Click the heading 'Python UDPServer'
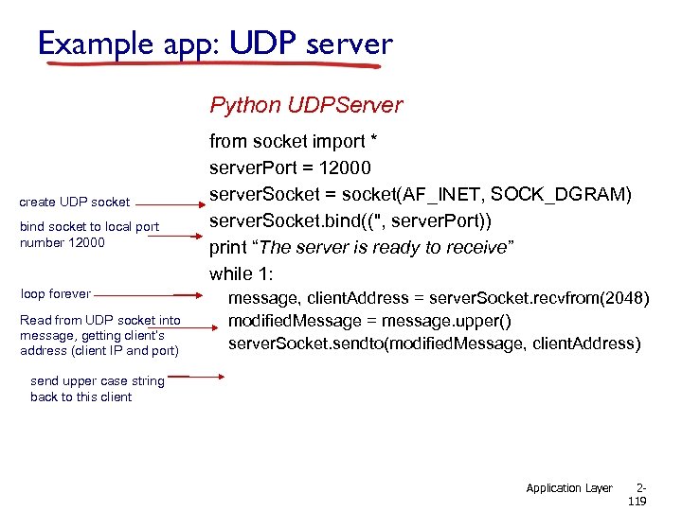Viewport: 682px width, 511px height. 306,105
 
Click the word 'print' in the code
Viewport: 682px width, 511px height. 229,247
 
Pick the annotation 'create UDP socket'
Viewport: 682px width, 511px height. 75,202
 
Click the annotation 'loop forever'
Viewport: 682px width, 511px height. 56,293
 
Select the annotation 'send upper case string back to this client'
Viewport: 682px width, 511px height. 97,389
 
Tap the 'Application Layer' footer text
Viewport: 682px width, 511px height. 569,488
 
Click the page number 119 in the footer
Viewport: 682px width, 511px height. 637,502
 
